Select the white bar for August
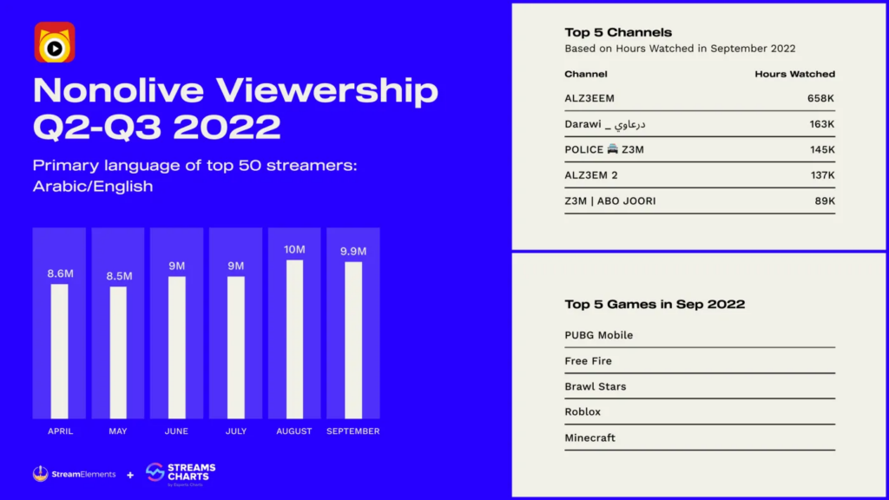(294, 339)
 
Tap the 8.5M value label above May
(118, 276)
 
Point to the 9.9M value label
(353, 252)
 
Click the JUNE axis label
(176, 431)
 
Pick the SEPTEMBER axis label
(353, 431)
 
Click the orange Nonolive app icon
(55, 43)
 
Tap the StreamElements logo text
(83, 474)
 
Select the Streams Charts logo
(181, 473)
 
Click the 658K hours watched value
(820, 99)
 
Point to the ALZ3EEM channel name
(589, 99)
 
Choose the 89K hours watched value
(825, 201)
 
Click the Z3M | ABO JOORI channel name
(609, 201)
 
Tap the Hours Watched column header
(794, 75)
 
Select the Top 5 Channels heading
(618, 33)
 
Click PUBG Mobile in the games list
(598, 335)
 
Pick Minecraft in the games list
(589, 437)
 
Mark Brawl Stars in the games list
(595, 386)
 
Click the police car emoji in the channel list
(612, 149)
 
